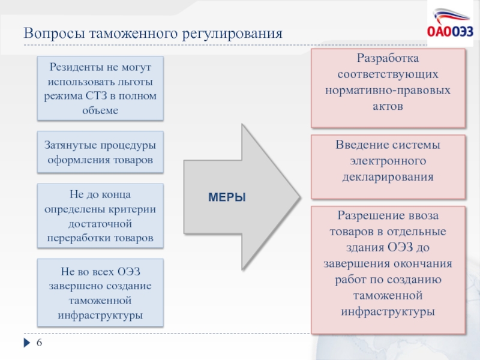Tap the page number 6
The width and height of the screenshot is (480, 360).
click(40, 343)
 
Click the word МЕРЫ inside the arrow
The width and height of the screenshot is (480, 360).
click(227, 197)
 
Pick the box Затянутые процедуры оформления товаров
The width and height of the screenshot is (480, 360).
click(100, 152)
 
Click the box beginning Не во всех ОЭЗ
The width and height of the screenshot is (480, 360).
click(100, 292)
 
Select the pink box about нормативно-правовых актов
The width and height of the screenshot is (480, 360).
click(388, 88)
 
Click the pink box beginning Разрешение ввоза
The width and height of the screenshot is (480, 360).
click(388, 269)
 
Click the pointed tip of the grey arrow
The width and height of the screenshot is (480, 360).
click(298, 196)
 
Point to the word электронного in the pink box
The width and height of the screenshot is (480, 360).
click(388, 162)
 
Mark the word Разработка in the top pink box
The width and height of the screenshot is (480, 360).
click(388, 60)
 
